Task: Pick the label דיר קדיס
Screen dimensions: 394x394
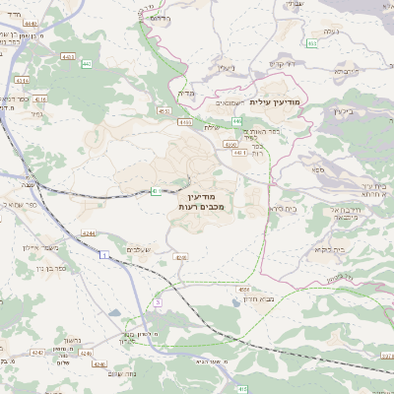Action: point(282,64)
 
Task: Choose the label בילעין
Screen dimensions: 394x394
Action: point(344,110)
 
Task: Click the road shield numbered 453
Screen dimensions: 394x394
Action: point(311,43)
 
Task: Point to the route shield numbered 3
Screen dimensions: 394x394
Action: point(158,300)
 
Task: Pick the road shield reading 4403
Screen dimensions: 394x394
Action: point(184,123)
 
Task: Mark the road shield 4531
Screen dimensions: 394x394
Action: point(164,112)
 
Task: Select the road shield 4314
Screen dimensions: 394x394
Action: point(40,99)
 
